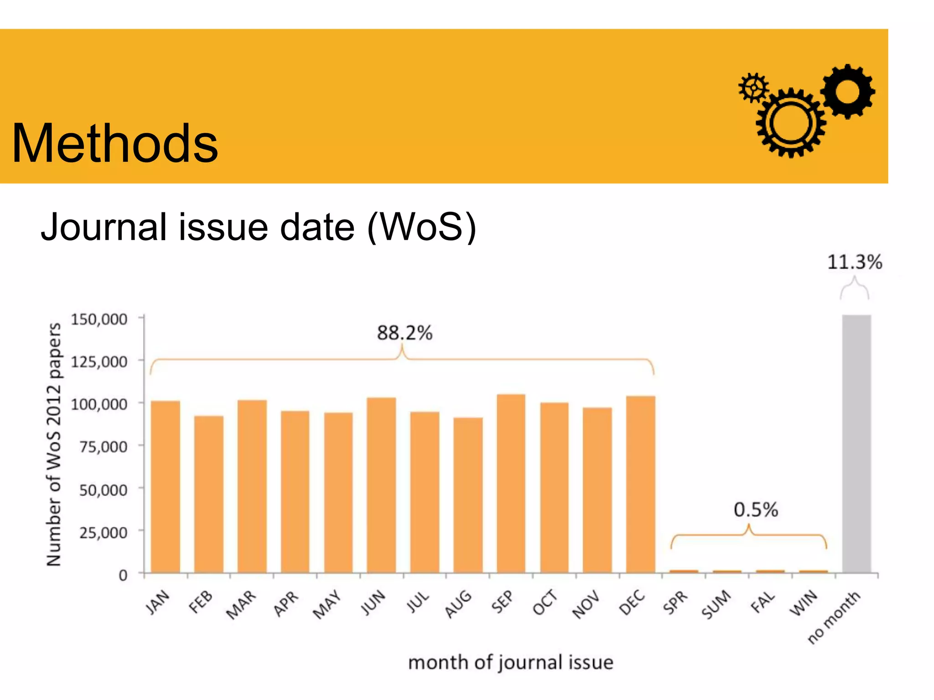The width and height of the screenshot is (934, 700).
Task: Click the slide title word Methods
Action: (115, 144)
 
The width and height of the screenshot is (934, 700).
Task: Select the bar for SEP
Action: (511, 483)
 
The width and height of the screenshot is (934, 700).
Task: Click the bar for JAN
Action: (165, 487)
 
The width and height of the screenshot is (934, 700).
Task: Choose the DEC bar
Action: (640, 484)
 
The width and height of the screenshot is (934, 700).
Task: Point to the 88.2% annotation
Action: (405, 333)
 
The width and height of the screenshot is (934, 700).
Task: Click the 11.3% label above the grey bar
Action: (855, 262)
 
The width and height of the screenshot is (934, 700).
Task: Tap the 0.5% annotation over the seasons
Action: (756, 510)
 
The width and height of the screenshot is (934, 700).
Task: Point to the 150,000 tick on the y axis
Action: (99, 319)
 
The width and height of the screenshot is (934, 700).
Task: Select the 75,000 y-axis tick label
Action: (104, 447)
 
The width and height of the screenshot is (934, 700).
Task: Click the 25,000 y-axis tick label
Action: (104, 532)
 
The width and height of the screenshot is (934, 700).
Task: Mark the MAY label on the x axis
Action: (327, 604)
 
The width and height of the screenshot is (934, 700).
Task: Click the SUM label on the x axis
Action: (716, 605)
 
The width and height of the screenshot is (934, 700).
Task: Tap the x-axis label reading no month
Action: (834, 617)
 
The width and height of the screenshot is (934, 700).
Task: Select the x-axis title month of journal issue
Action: (510, 662)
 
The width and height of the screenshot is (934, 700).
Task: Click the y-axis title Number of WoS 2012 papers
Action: (54, 444)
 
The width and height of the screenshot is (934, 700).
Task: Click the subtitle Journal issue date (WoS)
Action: (258, 227)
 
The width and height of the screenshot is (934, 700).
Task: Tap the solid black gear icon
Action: (847, 91)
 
